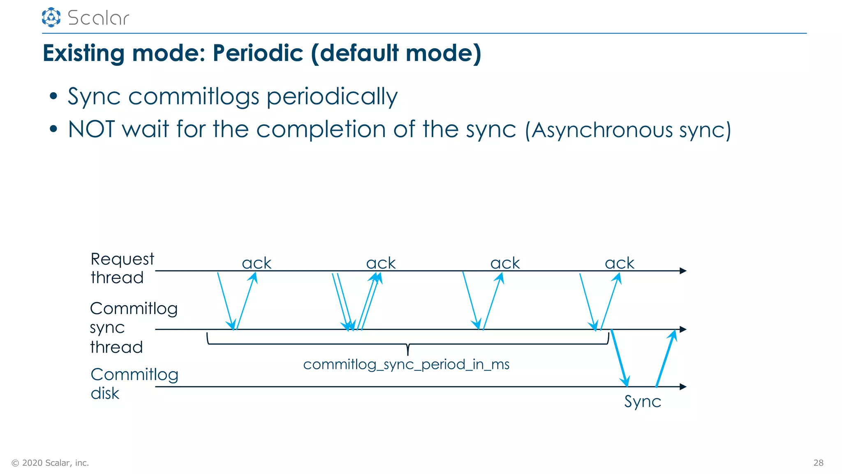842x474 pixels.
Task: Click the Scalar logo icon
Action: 51,17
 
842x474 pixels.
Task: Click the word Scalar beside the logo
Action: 99,18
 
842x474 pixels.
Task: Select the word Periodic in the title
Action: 258,53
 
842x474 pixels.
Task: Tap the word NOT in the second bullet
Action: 91,129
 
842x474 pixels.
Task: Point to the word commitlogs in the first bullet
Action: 194,97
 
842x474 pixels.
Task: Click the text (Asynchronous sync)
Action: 628,130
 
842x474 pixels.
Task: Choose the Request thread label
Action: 122,268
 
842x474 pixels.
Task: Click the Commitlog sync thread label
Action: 133,328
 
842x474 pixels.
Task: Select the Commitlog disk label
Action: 134,383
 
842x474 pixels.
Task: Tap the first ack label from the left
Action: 257,263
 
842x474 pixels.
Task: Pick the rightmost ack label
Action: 620,263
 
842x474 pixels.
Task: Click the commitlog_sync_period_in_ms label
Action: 406,365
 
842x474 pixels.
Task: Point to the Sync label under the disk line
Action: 643,402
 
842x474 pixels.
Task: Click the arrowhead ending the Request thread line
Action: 683,271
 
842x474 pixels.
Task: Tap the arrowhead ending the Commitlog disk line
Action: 683,387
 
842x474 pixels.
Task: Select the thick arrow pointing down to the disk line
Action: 620,358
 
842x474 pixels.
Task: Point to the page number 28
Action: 818,463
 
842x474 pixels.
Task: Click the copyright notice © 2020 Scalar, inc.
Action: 50,463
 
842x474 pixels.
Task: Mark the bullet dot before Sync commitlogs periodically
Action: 53,96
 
